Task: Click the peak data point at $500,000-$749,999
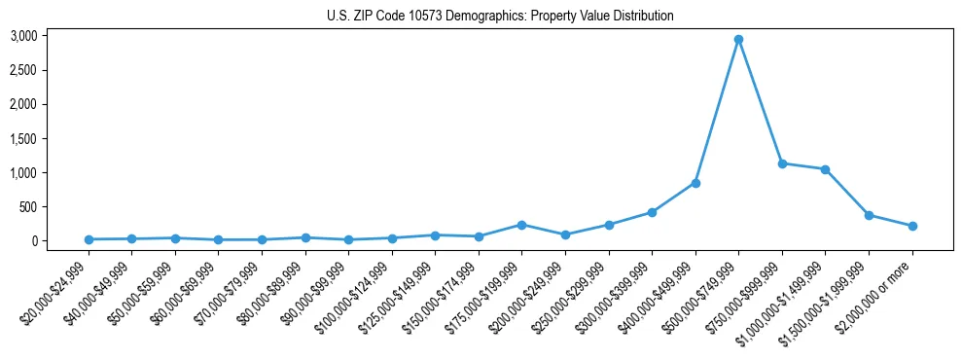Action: click(x=738, y=40)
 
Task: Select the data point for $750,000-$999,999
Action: click(x=782, y=163)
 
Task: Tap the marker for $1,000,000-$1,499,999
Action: click(x=825, y=169)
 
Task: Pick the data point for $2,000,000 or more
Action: click(x=912, y=226)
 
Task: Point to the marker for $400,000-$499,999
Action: click(x=695, y=183)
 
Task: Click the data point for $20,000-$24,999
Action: click(x=89, y=239)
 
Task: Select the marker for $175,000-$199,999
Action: click(x=521, y=225)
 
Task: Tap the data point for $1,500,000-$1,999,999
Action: click(x=869, y=215)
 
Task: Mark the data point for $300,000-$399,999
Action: click(x=652, y=212)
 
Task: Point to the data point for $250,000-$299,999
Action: click(x=609, y=225)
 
